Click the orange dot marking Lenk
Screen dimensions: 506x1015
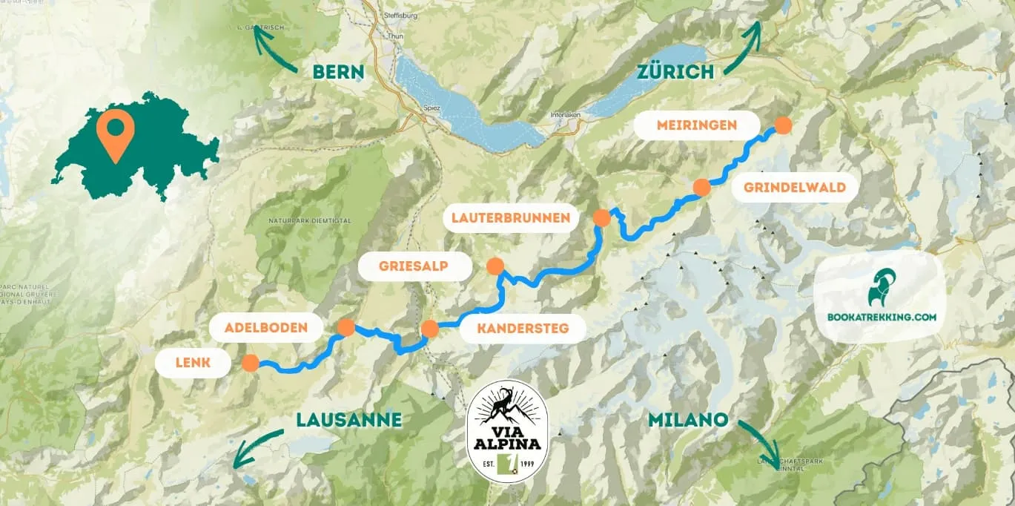(250, 363)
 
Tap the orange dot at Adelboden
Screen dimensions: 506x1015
(346, 327)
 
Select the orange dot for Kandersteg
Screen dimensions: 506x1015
(429, 329)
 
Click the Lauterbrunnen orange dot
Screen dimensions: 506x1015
(601, 217)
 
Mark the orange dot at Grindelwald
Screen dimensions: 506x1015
(701, 187)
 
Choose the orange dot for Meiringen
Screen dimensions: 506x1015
(782, 125)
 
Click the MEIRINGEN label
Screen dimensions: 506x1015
(697, 125)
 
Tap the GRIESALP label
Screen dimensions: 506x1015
(414, 266)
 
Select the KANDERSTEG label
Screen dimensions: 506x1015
(523, 328)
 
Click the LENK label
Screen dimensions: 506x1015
(194, 363)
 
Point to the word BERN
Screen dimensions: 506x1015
(338, 72)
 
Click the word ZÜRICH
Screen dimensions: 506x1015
(675, 71)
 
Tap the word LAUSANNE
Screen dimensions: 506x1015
(348, 420)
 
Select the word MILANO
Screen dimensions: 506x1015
(687, 420)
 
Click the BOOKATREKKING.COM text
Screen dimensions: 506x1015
(882, 317)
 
